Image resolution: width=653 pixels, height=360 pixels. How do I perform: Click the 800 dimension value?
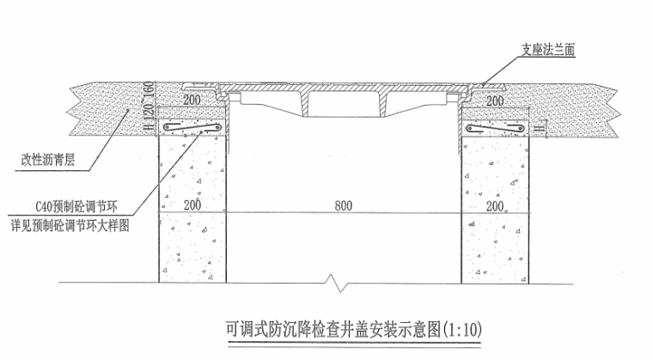pos(343,206)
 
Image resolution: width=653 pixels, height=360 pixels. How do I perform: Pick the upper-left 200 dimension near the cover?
pos(190,101)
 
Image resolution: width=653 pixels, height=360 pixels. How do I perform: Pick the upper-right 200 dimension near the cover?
pos(494,101)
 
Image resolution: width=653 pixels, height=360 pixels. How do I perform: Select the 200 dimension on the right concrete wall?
pos(494,206)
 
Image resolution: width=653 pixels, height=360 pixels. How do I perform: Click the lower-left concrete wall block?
pos(191,246)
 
